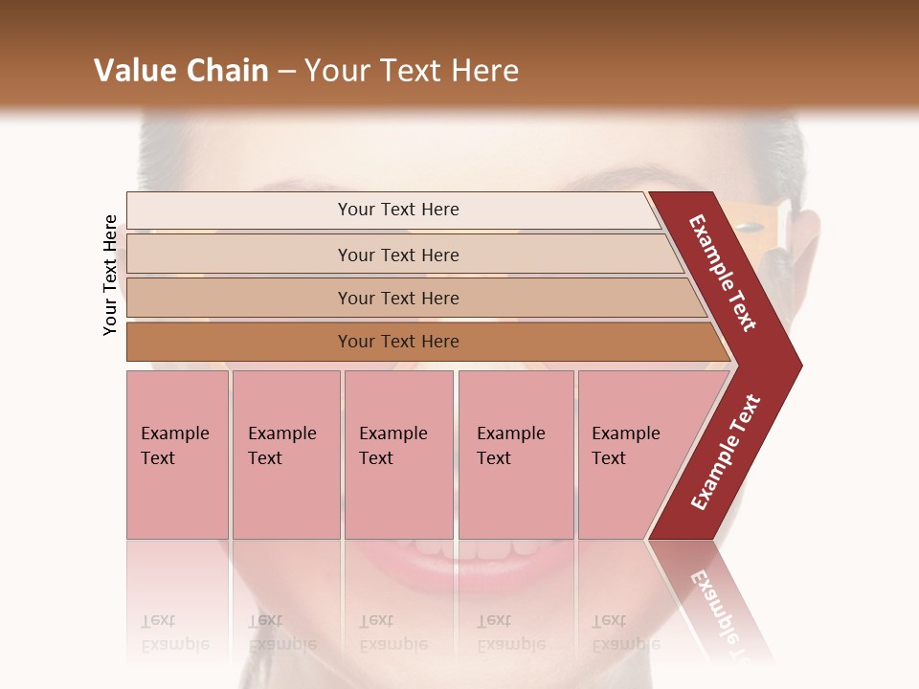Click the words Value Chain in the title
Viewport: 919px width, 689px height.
coord(181,71)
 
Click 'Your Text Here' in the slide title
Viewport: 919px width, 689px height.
coord(412,71)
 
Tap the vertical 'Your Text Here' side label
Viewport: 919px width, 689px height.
coord(111,275)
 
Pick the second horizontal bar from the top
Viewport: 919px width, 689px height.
coord(402,255)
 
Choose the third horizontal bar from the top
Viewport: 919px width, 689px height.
coord(412,298)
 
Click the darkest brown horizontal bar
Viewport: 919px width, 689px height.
coord(421,342)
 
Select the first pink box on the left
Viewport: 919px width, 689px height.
coord(177,455)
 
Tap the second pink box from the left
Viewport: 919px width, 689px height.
coord(285,455)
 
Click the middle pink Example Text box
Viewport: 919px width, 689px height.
coord(398,455)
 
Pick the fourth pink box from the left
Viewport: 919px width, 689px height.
coord(515,455)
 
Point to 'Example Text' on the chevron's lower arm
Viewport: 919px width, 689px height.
coord(726,452)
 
